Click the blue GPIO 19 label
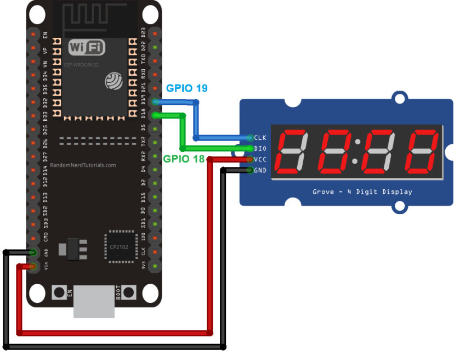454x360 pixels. click(187, 88)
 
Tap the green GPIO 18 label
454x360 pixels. click(184, 159)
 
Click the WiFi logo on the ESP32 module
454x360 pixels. click(87, 47)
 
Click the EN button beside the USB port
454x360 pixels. click(58, 292)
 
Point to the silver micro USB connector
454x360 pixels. click(94, 301)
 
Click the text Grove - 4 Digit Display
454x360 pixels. click(362, 192)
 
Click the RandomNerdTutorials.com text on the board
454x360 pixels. click(83, 165)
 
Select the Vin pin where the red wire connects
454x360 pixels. click(33, 267)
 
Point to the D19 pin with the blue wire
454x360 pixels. click(156, 102)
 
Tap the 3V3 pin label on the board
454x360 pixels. click(144, 266)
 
